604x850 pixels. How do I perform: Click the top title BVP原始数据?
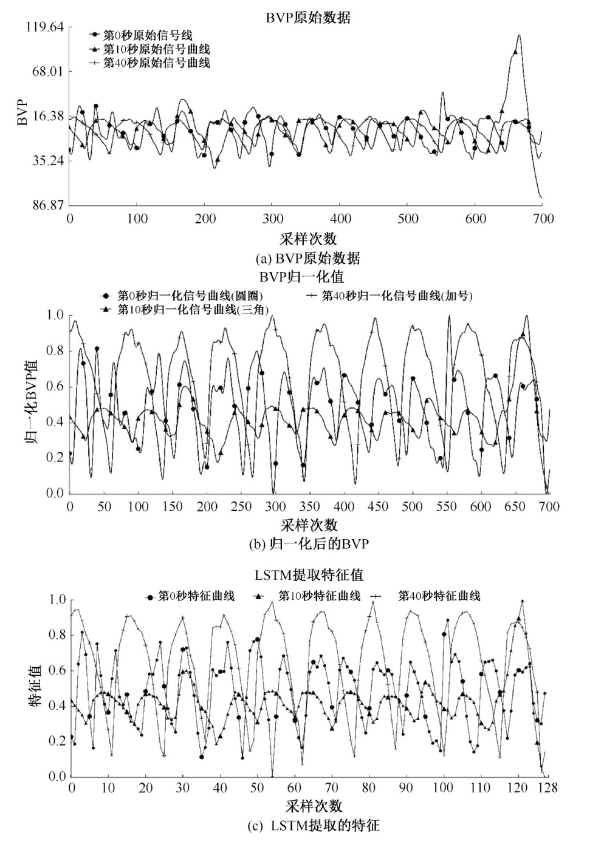pos(308,18)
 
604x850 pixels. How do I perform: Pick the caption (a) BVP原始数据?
pos(308,259)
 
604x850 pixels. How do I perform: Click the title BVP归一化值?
pos(302,277)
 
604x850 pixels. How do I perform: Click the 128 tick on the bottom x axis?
pos(547,788)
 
